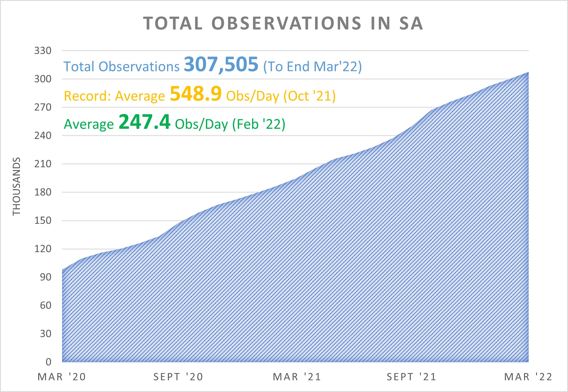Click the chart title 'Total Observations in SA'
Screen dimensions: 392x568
[283, 23]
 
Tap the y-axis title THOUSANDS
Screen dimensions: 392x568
[17, 186]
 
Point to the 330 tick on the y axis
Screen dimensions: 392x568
[43, 51]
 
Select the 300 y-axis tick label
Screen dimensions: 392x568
[43, 79]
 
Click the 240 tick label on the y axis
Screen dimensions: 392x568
[43, 136]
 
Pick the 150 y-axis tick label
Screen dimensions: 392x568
[43, 221]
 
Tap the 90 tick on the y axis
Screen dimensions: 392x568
[46, 277]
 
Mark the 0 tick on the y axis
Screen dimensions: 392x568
[48, 362]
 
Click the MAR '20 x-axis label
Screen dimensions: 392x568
[62, 377]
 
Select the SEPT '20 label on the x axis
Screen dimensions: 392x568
[178, 377]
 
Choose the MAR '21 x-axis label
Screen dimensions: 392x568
[297, 377]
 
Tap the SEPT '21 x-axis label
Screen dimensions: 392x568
[412, 377]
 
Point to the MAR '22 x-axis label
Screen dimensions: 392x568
[528, 377]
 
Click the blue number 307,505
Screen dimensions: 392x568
[221, 65]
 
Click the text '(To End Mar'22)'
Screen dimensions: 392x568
[313, 67]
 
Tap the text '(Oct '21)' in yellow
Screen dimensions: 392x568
[309, 96]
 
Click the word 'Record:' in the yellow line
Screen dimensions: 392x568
[88, 96]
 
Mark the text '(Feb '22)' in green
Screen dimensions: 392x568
[259, 124]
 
